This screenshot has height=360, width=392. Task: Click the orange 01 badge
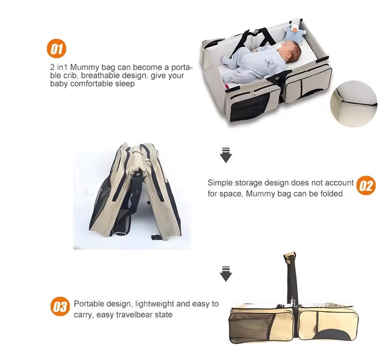56,48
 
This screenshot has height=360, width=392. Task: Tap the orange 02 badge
366,186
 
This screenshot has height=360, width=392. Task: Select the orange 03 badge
59,307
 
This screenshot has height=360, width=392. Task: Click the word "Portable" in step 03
88,304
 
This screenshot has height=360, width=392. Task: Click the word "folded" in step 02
331,193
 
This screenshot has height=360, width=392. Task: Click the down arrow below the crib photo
225,154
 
